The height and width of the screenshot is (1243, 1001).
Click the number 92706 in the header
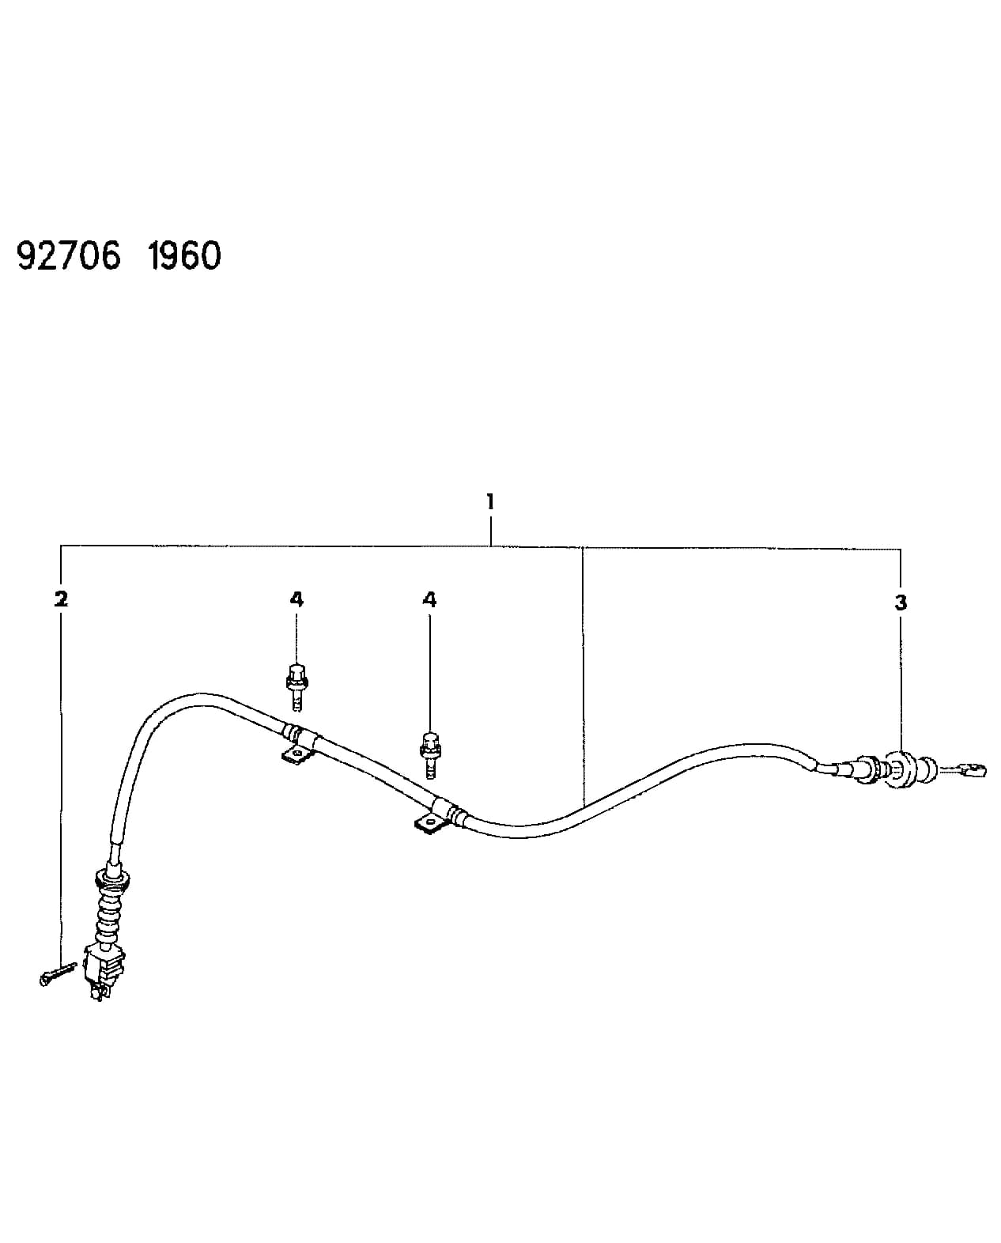coord(69,255)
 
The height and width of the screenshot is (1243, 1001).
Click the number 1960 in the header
coord(184,255)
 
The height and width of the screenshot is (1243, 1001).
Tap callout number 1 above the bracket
coord(490,501)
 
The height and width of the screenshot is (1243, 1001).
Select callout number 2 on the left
coord(61,599)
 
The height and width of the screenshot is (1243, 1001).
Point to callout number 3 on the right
coord(901,603)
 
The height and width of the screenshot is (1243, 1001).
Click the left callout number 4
coord(297,599)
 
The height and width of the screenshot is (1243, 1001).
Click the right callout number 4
coord(429,599)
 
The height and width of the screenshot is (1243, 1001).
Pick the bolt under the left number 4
coord(297,687)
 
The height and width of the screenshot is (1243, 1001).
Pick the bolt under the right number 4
coord(430,755)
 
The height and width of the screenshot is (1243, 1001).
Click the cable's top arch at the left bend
coord(196,698)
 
